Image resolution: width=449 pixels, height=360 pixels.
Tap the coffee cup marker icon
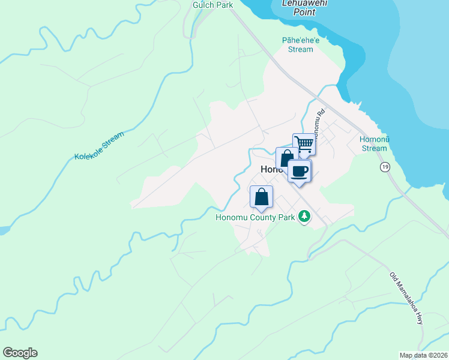point(300,171)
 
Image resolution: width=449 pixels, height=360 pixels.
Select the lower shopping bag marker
point(261,197)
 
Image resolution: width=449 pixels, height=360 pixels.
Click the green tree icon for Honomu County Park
point(304,217)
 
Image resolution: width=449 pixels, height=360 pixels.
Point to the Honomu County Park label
point(255,217)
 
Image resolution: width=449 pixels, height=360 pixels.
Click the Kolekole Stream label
point(99,146)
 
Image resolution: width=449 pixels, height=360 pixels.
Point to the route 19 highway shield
point(384,167)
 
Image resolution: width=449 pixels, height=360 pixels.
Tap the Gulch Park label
point(212,5)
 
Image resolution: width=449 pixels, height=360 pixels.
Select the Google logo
point(20,353)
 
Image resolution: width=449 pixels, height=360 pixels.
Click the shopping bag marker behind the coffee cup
point(285,157)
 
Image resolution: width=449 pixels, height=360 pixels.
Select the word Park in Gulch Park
point(224,5)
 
